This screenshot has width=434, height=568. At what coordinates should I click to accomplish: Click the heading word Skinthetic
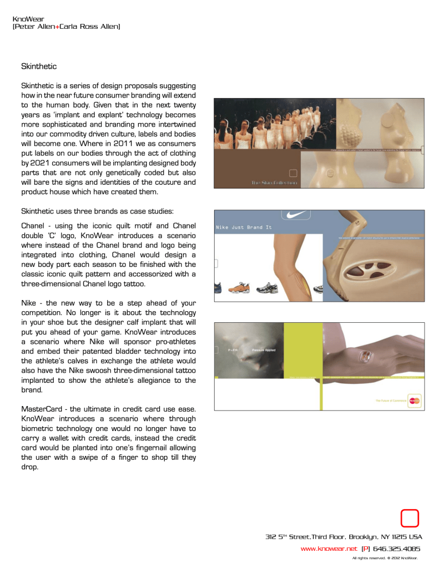[39, 67]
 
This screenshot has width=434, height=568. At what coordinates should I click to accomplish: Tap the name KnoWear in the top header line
[28, 19]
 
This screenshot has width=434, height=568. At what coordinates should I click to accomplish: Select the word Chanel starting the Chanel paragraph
[32, 226]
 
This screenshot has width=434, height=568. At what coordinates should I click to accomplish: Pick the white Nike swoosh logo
[296, 216]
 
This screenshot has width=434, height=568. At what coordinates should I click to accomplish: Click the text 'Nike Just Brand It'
[244, 227]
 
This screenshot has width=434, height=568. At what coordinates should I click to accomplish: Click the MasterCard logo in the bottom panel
[414, 400]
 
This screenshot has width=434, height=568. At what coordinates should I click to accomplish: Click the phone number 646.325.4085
[396, 549]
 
